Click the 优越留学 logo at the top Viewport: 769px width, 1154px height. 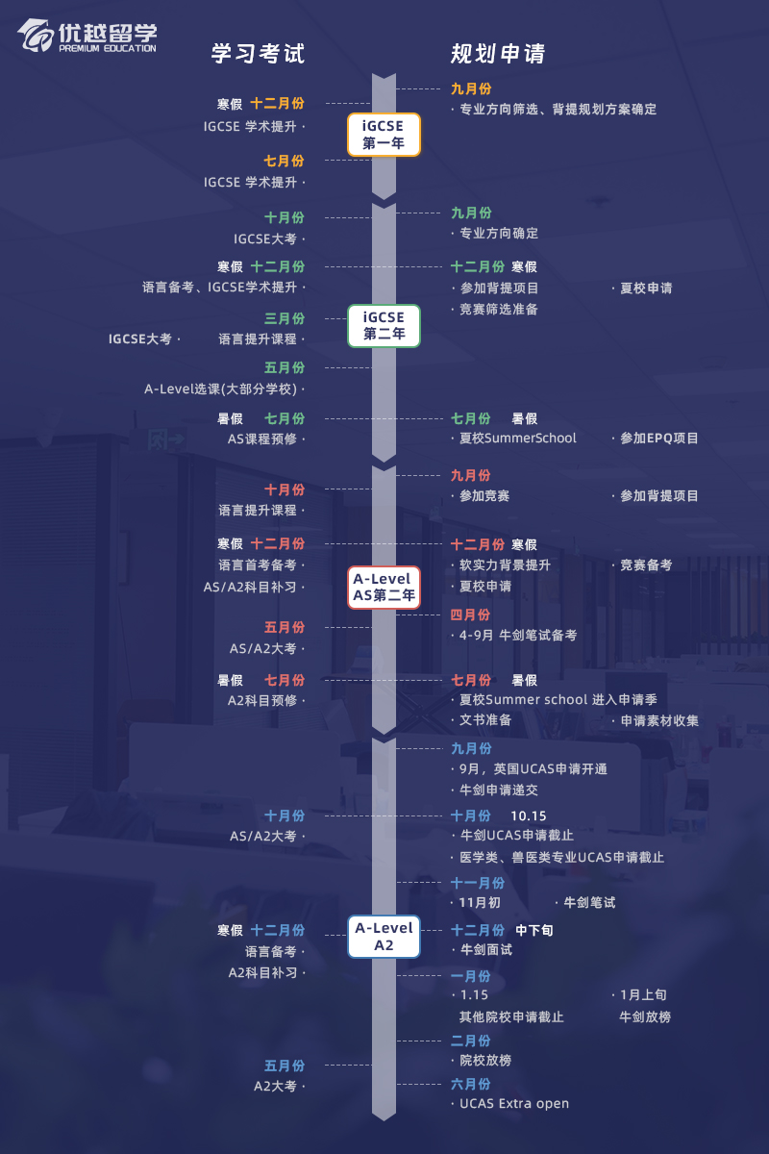[87, 37]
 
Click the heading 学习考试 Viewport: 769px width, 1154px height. [258, 54]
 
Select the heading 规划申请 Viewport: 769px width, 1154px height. [498, 54]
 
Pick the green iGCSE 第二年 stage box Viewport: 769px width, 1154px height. [384, 326]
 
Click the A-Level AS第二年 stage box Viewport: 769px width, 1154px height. [384, 588]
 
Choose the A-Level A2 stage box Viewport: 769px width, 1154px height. [384, 937]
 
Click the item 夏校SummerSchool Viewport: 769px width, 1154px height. [518, 439]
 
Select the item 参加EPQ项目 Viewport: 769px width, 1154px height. [658, 439]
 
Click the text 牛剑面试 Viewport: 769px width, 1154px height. [485, 950]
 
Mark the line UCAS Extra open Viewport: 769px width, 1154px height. [514, 1104]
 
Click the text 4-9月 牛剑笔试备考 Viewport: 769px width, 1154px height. [518, 636]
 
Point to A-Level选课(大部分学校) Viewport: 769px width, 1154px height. [222, 389]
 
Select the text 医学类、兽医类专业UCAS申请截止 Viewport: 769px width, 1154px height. [561, 858]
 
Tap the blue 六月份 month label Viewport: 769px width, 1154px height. [471, 1084]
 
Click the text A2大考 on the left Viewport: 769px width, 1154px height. [276, 1087]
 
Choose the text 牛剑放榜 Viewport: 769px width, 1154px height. [645, 1016]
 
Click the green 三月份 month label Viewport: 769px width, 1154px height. [285, 318]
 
